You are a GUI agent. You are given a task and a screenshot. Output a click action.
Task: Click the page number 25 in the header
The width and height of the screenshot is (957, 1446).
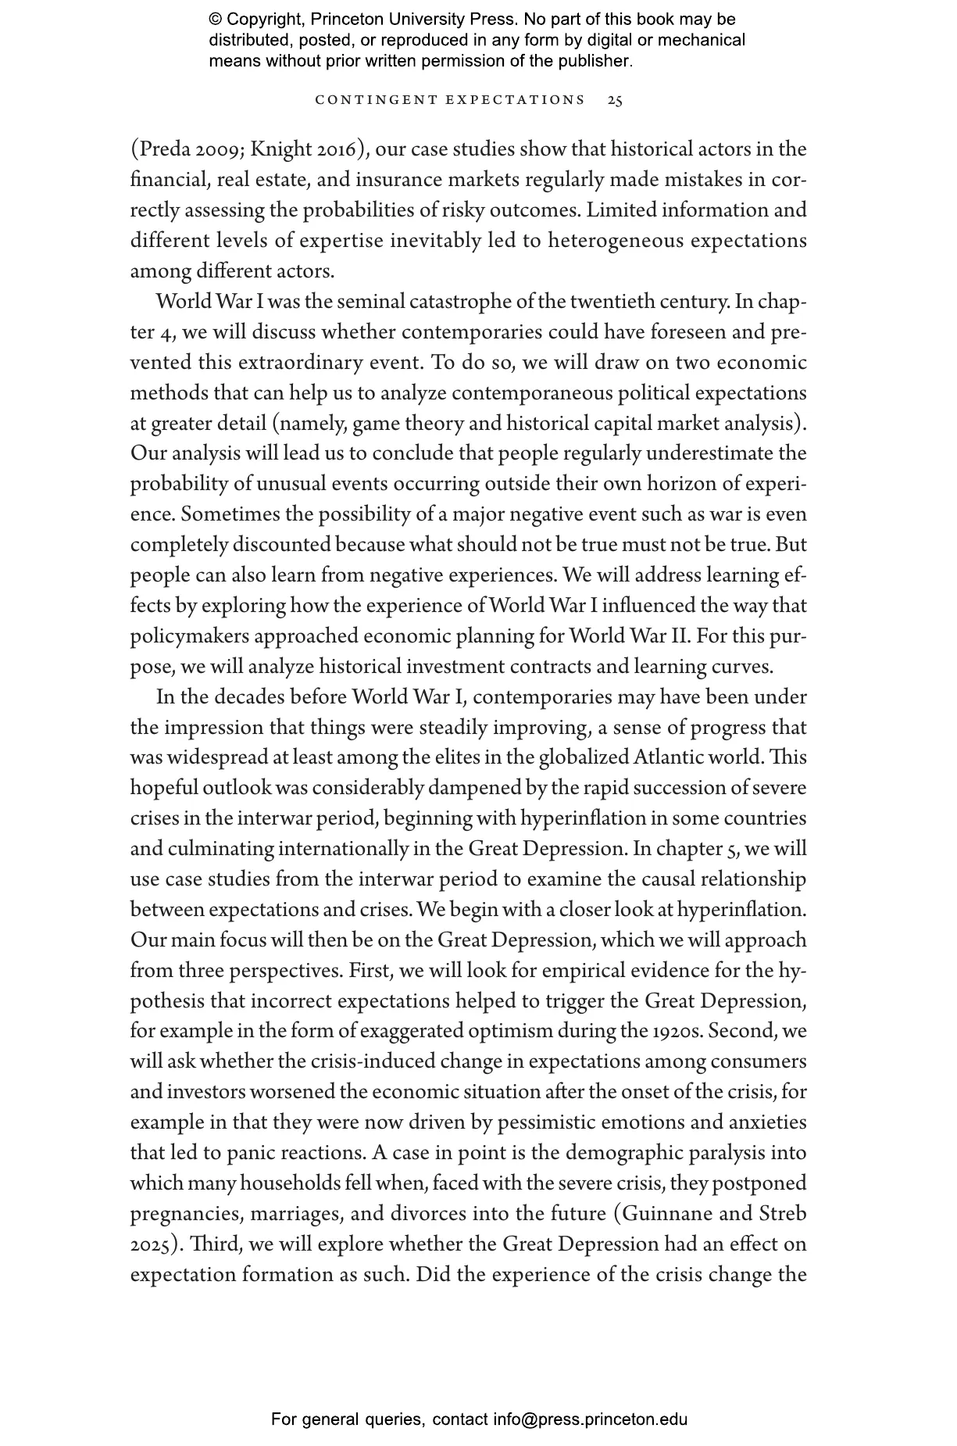coord(615,100)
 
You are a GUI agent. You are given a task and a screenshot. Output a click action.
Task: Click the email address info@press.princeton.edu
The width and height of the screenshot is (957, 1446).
coord(590,1419)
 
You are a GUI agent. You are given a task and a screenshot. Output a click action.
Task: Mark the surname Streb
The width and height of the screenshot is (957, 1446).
coord(783,1214)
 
